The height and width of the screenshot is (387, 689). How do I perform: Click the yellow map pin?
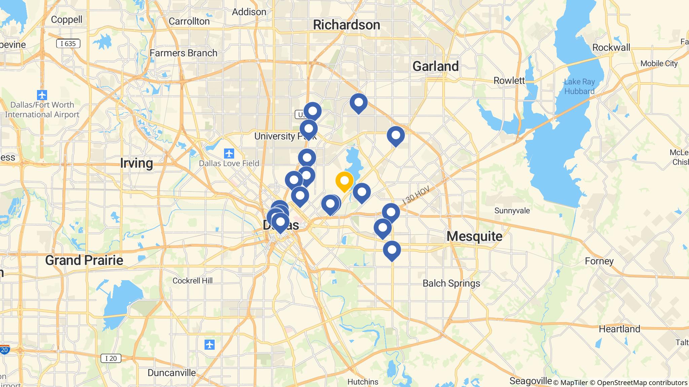(344, 181)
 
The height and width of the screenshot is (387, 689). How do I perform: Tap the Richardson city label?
(347, 25)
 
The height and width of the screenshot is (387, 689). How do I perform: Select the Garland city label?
(435, 66)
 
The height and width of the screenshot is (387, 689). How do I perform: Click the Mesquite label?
(474, 236)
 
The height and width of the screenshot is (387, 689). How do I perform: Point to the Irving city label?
(137, 163)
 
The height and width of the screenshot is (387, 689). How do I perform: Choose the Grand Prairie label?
(84, 260)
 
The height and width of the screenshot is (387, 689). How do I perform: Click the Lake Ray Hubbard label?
(579, 86)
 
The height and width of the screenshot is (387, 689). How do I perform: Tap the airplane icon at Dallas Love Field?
(229, 154)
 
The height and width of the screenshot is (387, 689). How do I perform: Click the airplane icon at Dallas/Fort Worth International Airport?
(42, 95)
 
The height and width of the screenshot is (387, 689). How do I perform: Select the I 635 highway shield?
(68, 44)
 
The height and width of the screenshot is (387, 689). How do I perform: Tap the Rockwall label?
(611, 48)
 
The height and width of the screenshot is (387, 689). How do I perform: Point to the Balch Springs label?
(451, 284)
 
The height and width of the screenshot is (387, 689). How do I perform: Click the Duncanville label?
(172, 373)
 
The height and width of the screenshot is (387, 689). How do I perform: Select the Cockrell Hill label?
(192, 281)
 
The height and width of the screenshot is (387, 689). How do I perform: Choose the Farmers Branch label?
(183, 53)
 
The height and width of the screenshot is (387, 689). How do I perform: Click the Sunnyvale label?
(512, 211)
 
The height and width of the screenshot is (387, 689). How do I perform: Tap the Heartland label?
(619, 329)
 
